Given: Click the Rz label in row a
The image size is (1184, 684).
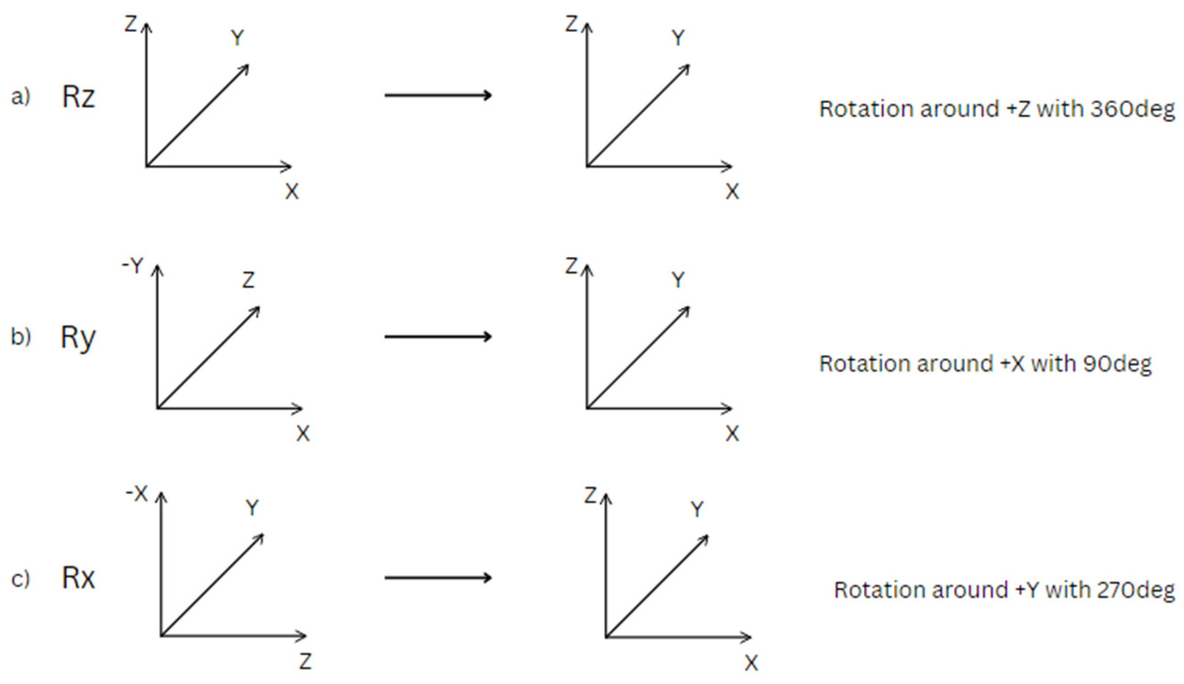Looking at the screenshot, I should tap(78, 97).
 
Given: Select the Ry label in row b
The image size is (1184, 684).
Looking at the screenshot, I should tap(78, 338).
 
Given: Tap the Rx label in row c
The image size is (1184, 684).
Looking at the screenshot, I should tap(78, 577).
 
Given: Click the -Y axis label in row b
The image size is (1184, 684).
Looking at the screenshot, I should tap(133, 266).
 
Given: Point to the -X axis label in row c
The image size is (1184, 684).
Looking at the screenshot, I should tap(137, 494).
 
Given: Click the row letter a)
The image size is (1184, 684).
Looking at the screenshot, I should tap(21, 97).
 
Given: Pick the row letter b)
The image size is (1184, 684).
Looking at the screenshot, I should tap(21, 337).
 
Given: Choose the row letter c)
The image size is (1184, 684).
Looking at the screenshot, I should tap(21, 578).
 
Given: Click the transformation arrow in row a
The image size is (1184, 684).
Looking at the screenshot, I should tap(438, 96).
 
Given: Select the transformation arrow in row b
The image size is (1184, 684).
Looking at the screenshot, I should tap(438, 337).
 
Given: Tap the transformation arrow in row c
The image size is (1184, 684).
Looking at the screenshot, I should tap(438, 577).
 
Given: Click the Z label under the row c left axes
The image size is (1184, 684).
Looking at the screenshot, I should tap(306, 661).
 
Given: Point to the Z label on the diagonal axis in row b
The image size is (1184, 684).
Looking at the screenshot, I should tap(248, 280).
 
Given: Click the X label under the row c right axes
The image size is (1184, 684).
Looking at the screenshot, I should tap(751, 663).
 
